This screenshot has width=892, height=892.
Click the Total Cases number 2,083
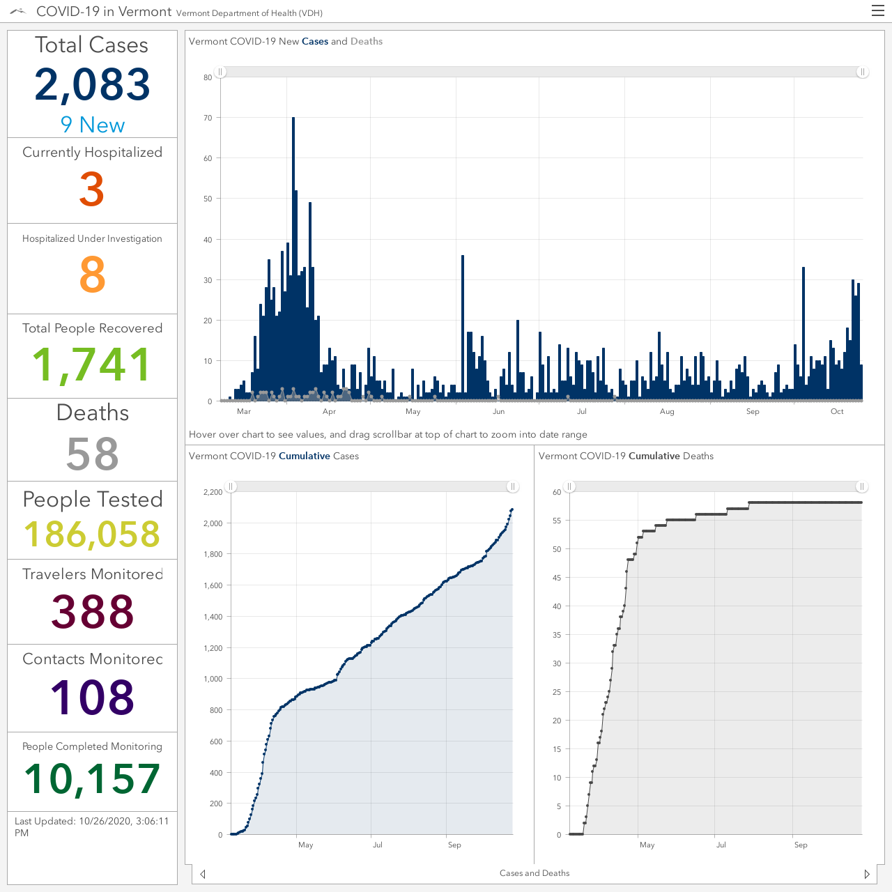click(x=92, y=85)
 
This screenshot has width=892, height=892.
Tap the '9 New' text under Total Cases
click(x=93, y=125)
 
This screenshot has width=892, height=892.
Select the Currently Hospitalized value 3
click(x=92, y=189)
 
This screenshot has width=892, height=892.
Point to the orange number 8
click(x=92, y=275)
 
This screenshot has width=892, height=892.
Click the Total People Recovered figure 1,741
click(x=92, y=365)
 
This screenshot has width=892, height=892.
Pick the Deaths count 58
click(x=92, y=454)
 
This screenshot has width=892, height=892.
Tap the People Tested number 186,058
click(x=92, y=534)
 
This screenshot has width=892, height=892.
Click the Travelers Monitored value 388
click(x=92, y=611)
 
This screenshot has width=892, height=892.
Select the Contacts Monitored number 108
click(x=92, y=697)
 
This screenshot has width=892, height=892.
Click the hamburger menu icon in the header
click(x=877, y=10)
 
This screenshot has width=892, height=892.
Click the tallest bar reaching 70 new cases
click(x=293, y=259)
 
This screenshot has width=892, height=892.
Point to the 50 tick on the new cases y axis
click(x=208, y=199)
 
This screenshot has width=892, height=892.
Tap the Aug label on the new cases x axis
click(x=667, y=411)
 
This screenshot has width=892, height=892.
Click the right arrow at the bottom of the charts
click(x=867, y=873)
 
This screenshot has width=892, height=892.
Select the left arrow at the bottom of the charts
click(x=203, y=873)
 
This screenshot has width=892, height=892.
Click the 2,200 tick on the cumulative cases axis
click(x=213, y=492)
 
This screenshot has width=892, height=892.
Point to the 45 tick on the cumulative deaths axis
click(x=557, y=578)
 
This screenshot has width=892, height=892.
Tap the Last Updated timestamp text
click(x=92, y=826)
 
